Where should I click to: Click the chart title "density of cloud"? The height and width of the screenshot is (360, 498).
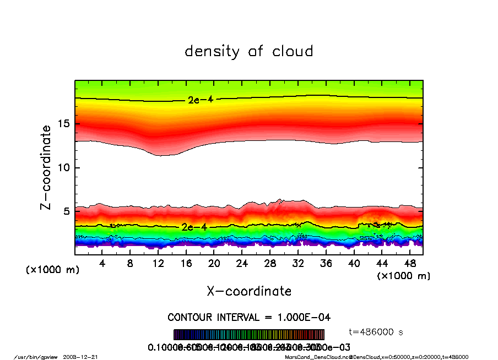249,52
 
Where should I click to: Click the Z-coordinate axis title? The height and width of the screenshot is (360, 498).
46,167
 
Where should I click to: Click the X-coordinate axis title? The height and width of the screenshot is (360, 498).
249,291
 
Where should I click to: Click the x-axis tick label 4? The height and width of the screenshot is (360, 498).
102,264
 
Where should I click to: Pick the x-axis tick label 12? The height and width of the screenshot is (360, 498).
159,264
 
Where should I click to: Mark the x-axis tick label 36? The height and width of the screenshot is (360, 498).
326,264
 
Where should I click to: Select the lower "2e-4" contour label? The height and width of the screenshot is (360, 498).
194,227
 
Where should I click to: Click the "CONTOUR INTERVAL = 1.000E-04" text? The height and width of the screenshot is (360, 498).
249,318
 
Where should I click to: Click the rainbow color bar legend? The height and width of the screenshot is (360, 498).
249,335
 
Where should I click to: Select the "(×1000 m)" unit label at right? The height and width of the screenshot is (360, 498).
403,275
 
